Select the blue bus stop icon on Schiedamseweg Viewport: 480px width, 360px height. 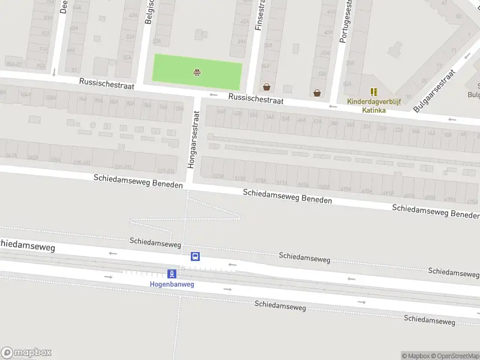195,256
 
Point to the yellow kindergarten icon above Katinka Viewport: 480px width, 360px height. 374,92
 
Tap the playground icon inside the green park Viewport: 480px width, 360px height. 197,73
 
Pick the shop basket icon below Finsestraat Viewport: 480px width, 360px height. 266,86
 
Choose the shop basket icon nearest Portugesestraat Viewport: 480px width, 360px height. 317,92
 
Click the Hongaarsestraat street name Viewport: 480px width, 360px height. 194,139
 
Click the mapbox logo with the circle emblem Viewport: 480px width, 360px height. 26,353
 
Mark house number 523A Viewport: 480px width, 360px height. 218,176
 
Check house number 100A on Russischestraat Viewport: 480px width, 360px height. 50,97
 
